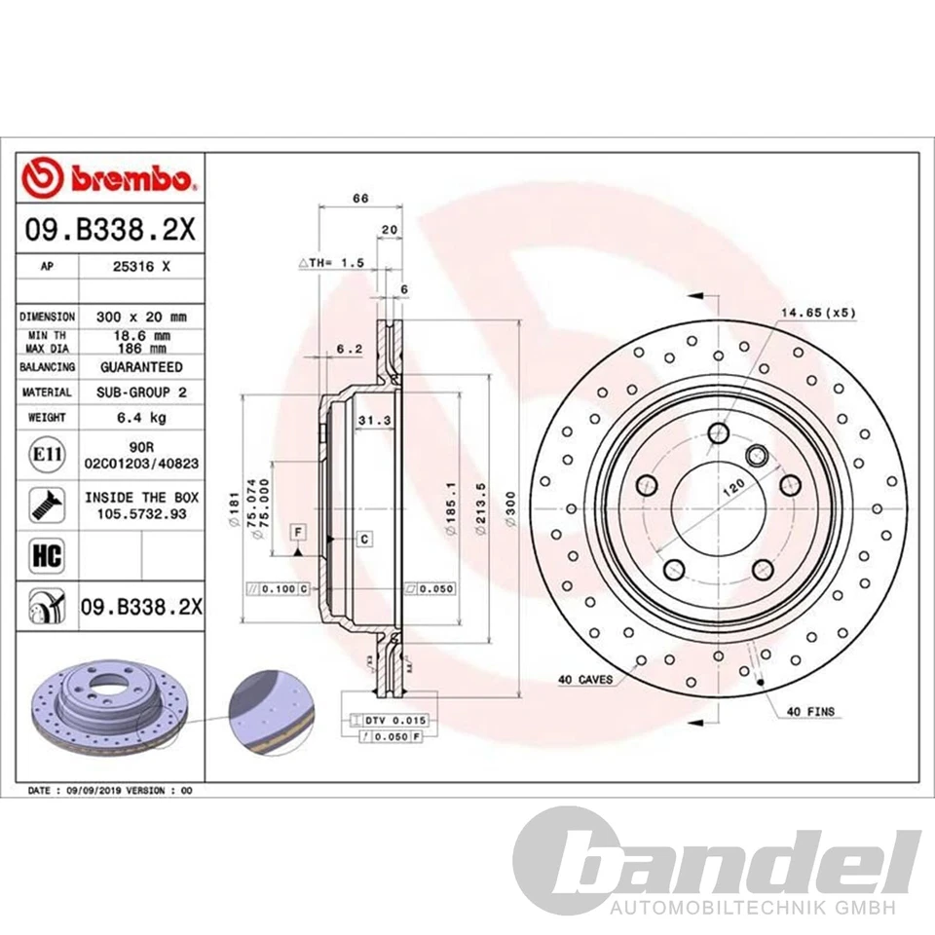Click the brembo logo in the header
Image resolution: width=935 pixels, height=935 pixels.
(x=109, y=179)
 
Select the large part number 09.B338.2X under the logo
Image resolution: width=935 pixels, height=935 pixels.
(x=109, y=231)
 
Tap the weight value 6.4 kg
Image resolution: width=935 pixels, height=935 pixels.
(x=141, y=417)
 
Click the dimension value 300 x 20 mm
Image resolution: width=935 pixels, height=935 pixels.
(x=141, y=317)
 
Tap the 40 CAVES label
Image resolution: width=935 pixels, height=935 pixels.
(x=585, y=679)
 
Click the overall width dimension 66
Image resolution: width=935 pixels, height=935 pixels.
(x=360, y=198)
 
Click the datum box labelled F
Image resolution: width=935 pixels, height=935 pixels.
(x=297, y=532)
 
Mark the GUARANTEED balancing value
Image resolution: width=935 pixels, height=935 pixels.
(x=141, y=367)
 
